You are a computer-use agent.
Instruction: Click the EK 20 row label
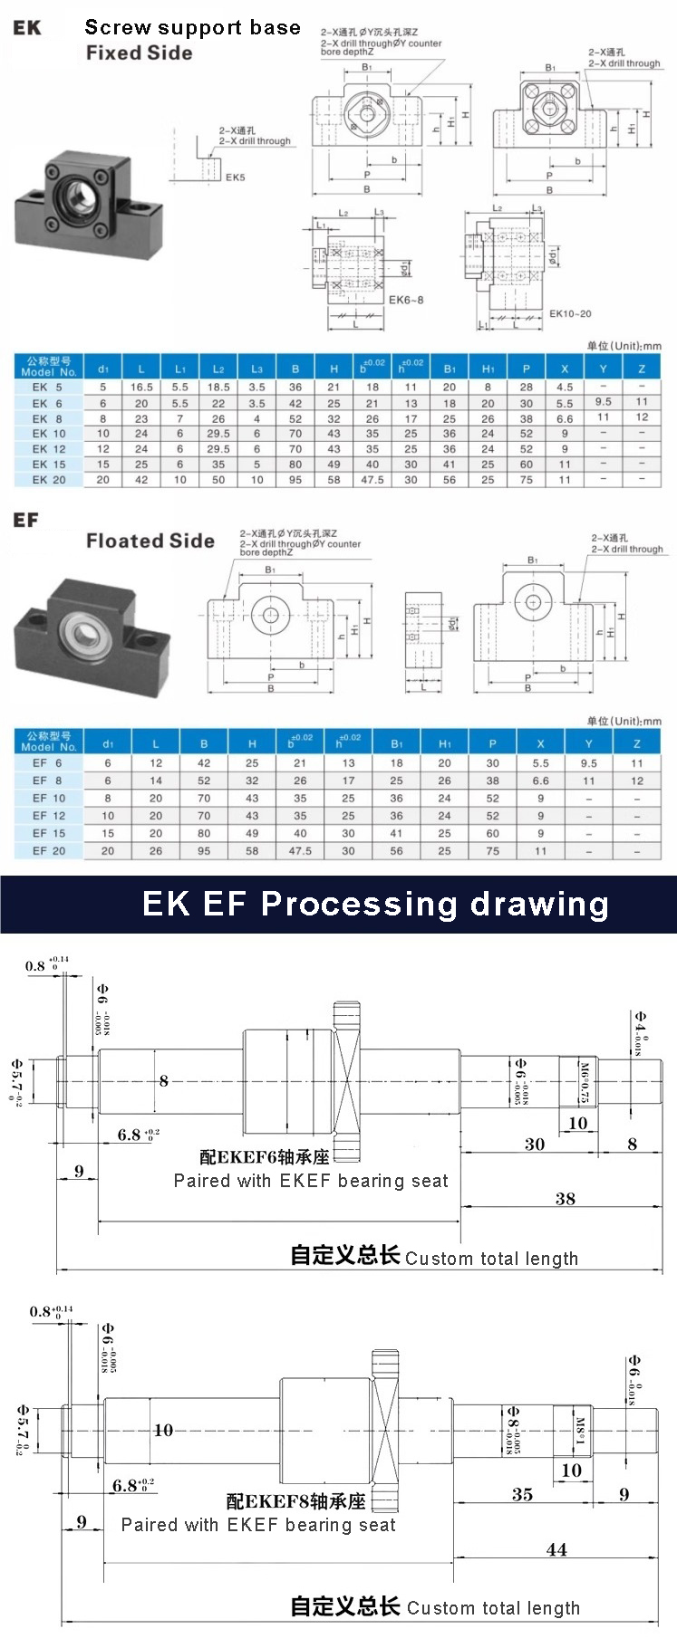(49, 480)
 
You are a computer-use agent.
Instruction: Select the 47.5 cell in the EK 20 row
(372, 480)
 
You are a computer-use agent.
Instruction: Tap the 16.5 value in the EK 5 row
(141, 387)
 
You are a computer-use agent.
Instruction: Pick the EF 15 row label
(49, 833)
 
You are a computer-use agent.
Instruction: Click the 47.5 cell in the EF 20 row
(300, 851)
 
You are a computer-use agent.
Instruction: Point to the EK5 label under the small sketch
(235, 177)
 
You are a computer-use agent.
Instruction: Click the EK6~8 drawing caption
(406, 300)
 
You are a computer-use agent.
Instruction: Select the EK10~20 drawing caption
(570, 314)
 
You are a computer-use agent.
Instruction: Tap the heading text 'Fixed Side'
(140, 53)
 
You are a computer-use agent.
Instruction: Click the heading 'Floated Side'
(150, 541)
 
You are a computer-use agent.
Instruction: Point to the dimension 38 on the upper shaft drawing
(565, 1199)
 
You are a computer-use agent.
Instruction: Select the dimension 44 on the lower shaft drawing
(556, 1549)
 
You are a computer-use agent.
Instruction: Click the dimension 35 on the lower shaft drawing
(522, 1495)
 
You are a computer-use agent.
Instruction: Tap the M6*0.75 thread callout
(585, 1081)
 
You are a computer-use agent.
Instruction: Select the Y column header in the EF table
(589, 743)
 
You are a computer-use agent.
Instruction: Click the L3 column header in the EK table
(256, 369)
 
